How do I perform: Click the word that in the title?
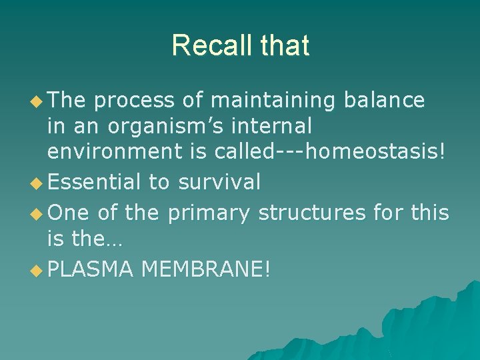(x=285, y=45)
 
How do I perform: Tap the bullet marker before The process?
(x=37, y=101)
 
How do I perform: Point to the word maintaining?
(x=273, y=100)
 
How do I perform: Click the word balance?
(x=384, y=100)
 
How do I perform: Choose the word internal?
(x=274, y=127)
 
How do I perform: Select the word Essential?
(x=94, y=181)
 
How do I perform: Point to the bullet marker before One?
(x=37, y=213)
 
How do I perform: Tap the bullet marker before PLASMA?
(x=37, y=271)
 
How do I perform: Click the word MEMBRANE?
(x=205, y=270)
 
